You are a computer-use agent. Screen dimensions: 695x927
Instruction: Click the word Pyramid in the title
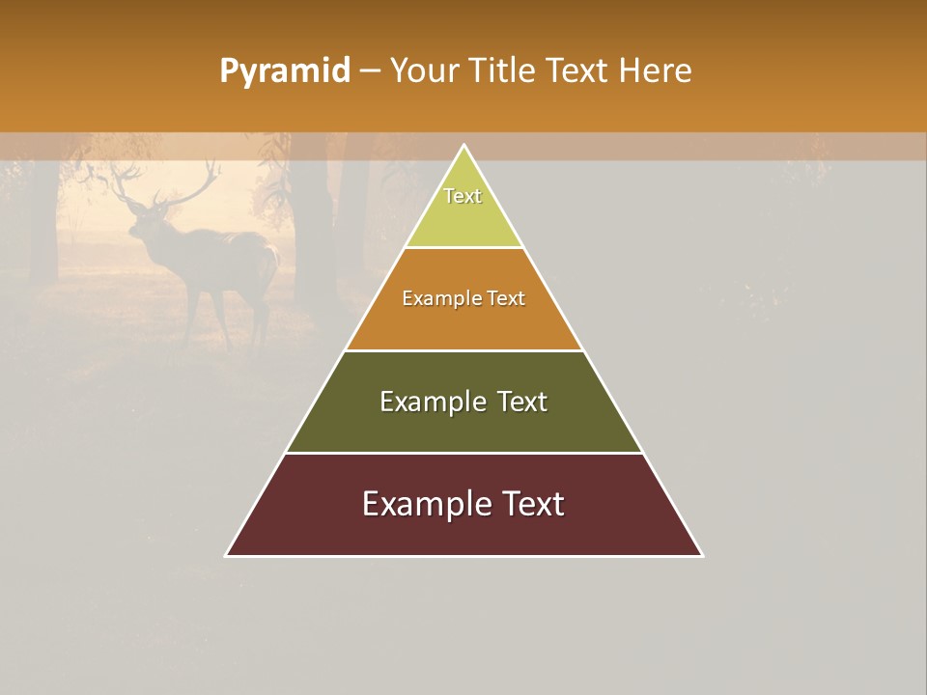point(285,71)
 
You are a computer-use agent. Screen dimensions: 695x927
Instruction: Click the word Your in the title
point(424,71)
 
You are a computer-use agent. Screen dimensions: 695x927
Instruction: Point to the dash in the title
point(370,71)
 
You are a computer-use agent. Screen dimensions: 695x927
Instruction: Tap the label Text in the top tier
point(463,196)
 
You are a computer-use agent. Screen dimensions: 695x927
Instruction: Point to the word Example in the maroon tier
point(425,504)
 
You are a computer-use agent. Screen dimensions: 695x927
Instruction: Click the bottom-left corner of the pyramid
point(227,555)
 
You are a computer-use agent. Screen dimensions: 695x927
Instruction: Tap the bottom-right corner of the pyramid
point(702,555)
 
